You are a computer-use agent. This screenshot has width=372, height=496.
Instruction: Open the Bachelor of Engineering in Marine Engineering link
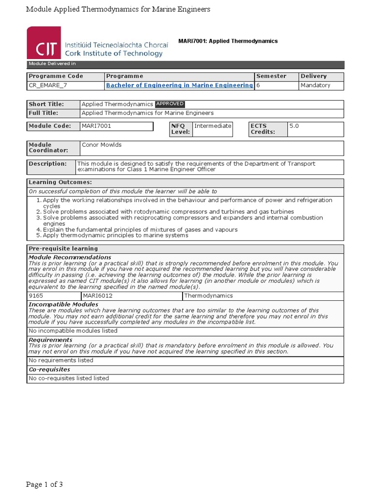(179, 85)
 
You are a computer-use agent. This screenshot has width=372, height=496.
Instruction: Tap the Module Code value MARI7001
(95, 126)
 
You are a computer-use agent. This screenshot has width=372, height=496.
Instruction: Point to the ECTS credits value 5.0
(294, 126)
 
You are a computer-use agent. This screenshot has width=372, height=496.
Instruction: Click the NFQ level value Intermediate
(213, 126)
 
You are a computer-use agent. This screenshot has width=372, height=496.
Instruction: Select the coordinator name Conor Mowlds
(102, 145)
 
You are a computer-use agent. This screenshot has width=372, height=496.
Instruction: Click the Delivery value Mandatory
(315, 85)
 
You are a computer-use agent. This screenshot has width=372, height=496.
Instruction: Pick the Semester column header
(271, 76)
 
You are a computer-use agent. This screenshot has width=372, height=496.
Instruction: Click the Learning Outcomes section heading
(60, 182)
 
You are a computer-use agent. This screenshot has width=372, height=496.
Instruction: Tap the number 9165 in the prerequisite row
(36, 295)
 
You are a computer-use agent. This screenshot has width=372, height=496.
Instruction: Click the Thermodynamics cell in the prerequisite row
(208, 295)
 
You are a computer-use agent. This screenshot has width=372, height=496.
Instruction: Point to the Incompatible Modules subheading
(63, 304)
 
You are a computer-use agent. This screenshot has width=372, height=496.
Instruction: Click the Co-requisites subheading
(49, 369)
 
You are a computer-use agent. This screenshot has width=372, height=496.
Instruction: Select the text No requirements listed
(61, 360)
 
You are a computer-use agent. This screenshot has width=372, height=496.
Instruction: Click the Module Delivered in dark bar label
(52, 64)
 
